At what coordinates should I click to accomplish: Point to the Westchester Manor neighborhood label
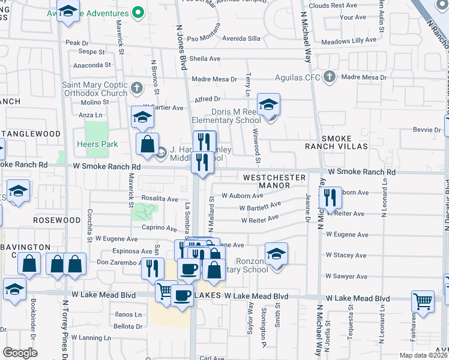point(274,182)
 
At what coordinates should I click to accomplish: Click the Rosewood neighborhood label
point(65,220)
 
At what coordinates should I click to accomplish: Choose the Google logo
point(20,353)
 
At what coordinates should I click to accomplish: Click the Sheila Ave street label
point(205,59)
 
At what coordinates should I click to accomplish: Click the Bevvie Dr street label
point(427,130)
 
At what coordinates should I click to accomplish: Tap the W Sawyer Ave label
point(346,276)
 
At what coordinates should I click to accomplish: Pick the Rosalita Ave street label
point(160,199)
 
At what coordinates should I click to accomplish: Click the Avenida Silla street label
point(241,38)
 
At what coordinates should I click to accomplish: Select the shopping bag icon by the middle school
point(147,144)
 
